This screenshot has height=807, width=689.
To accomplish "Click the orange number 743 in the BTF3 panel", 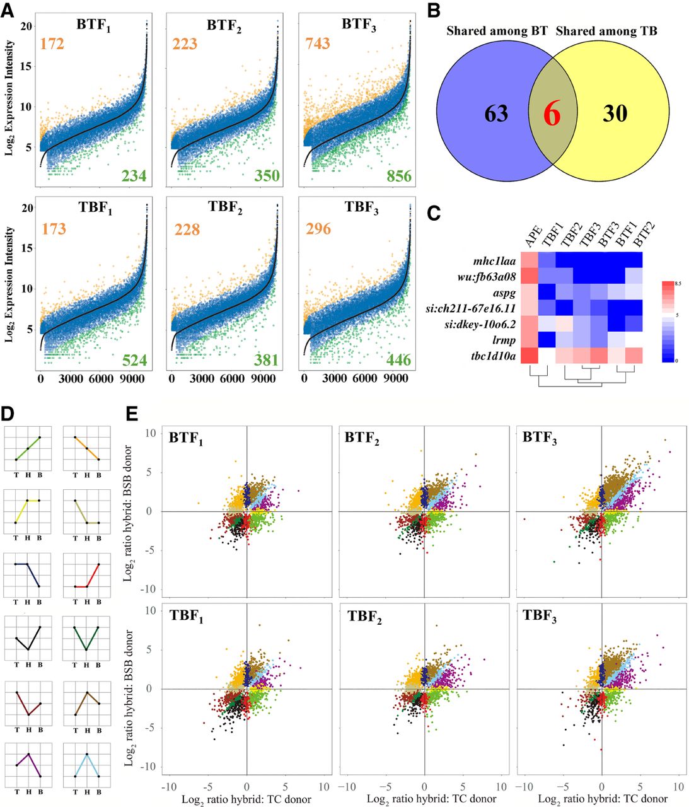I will pos(318,44).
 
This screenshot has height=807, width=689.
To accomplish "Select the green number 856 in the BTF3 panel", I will pos(399,176).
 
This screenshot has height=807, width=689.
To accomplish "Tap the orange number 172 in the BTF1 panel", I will pos(52,44).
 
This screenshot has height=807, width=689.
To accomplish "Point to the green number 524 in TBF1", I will pos(134,361).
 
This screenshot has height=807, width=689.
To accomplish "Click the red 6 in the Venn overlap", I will pos(552,114).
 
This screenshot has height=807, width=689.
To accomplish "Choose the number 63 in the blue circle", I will pos(497,113).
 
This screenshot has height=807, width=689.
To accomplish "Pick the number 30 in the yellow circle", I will pos(615,113).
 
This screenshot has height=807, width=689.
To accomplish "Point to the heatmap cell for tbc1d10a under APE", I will pos(529,356).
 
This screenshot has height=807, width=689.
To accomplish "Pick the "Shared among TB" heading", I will pos(606,31).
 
